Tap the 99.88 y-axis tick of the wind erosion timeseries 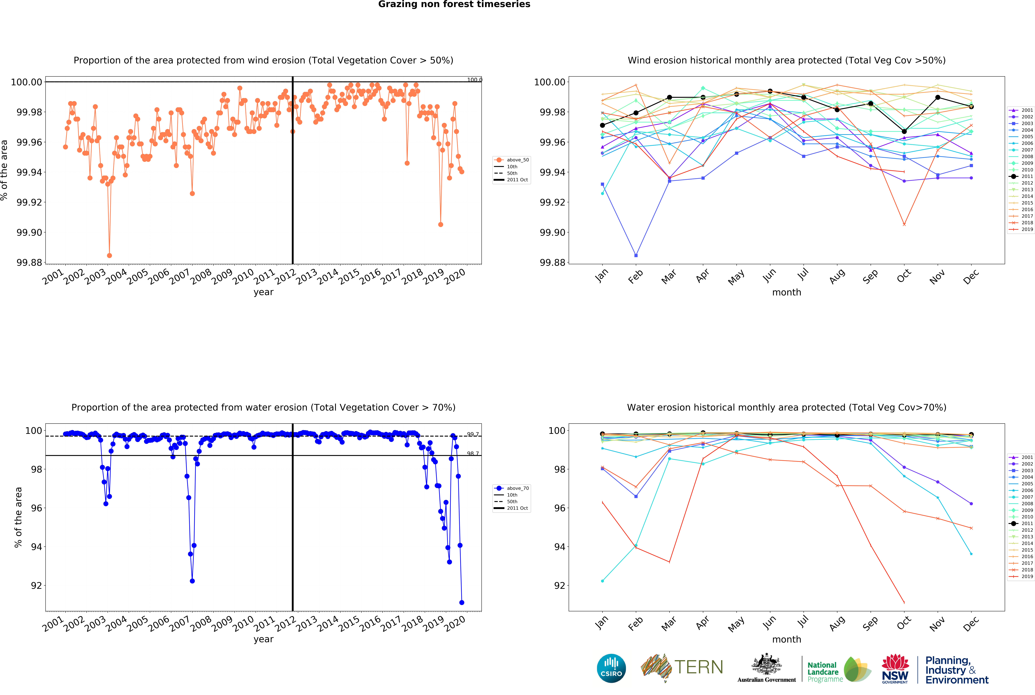(x=29, y=262)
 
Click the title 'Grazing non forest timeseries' (x=454, y=4)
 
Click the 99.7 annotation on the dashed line (x=473, y=434)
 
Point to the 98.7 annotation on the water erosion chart (x=473, y=453)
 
